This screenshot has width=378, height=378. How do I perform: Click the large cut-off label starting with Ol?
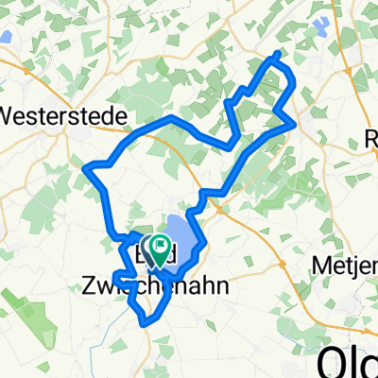tap(348, 360)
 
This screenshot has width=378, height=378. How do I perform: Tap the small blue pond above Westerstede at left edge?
tap(5, 39)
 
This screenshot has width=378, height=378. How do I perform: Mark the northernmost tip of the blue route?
tap(276, 53)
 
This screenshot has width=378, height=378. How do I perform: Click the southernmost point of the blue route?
tap(146, 323)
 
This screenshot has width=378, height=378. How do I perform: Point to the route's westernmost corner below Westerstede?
tap(87, 169)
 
